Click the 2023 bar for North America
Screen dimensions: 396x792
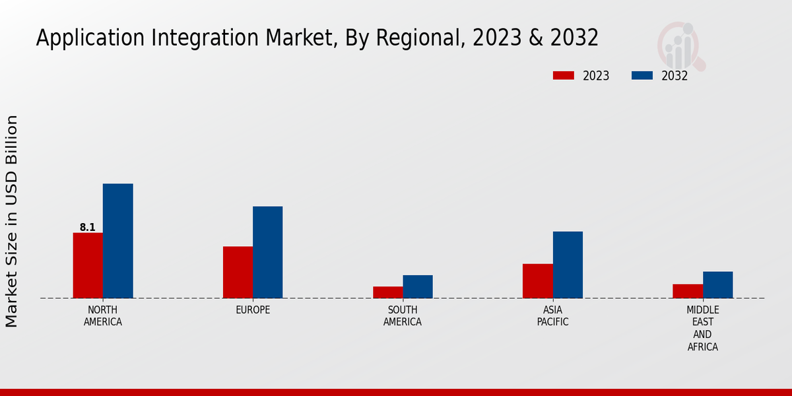(88, 265)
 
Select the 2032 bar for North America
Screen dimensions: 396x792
(117, 241)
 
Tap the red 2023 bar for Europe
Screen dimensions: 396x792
(238, 272)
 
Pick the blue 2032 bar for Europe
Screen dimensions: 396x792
(267, 252)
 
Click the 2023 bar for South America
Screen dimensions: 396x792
(387, 292)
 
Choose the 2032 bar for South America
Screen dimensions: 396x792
(418, 286)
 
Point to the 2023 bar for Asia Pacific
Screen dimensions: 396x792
(538, 281)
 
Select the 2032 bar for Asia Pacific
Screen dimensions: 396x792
(568, 265)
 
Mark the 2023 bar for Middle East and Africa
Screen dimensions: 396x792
(688, 291)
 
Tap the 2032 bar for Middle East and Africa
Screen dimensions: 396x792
(717, 284)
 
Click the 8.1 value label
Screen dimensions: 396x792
(88, 228)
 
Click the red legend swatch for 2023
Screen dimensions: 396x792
(563, 75)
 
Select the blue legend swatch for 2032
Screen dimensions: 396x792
(642, 75)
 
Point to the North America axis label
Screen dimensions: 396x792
(102, 316)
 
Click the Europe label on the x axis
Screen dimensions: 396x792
(253, 310)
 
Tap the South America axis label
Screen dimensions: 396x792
(403, 316)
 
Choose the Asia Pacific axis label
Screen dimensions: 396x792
(552, 316)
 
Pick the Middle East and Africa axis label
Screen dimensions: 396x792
(703, 328)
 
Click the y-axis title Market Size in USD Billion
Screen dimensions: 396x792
(12, 221)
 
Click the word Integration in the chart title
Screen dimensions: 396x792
(216, 38)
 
